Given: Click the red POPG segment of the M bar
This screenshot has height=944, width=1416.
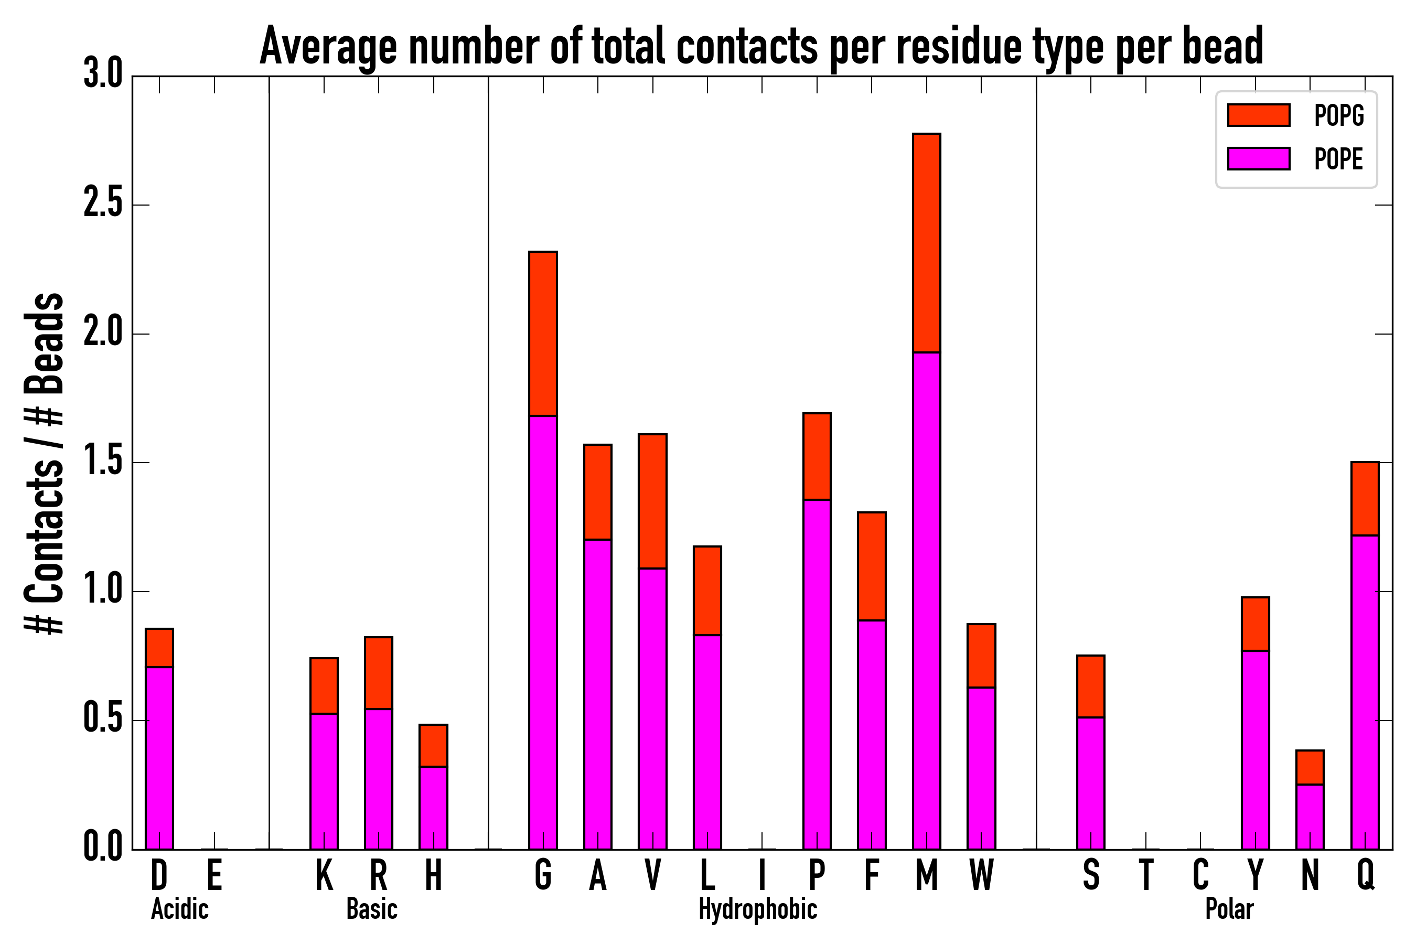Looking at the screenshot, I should pos(927,243).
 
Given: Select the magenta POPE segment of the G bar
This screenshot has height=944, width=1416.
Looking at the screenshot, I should pos(543,632).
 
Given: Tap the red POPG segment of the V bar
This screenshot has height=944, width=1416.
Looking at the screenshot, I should pos(652,501).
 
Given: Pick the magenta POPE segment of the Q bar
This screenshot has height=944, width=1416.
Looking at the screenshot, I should pos(1365,692).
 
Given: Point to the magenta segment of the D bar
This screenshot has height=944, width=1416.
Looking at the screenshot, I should pos(159,758).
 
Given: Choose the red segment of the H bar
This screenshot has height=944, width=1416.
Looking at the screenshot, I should pos(434,746).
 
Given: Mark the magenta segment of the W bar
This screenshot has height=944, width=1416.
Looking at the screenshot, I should pos(981,768).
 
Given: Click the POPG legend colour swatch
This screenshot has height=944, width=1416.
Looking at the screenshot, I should pos(1259,115).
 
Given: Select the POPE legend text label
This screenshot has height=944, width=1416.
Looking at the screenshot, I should pos(1338,159).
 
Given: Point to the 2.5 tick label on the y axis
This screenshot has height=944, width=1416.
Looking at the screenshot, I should pos(103,205).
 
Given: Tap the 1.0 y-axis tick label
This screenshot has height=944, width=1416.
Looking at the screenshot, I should pos(103,592).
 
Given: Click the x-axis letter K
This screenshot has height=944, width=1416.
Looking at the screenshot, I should pos(324,875).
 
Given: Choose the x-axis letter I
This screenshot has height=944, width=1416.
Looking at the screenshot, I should pos(762,875).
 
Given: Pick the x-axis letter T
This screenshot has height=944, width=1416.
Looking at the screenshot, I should pos(1146,875).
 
